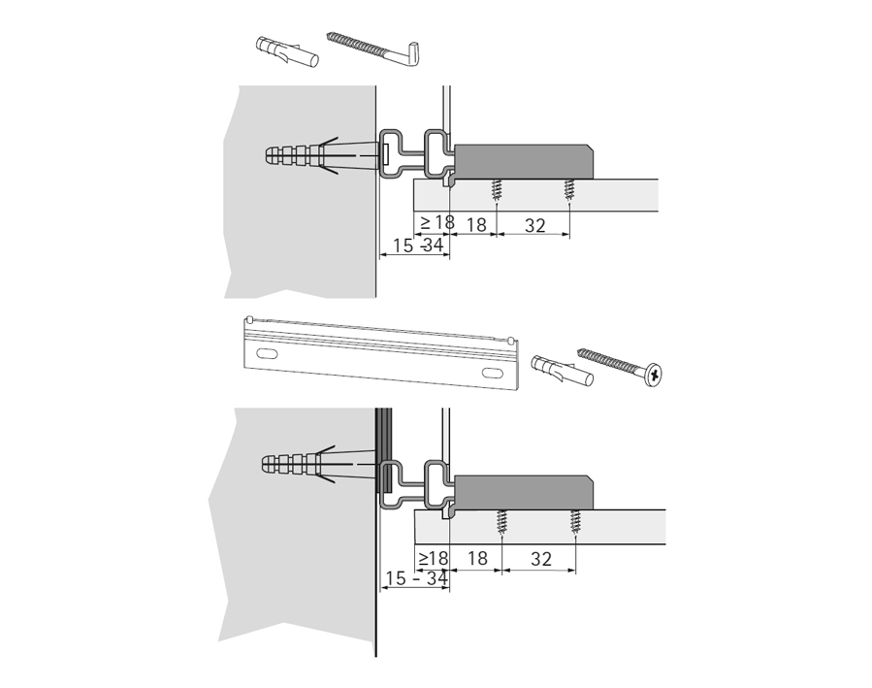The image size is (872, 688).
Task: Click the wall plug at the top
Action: pyautogui.click(x=287, y=51)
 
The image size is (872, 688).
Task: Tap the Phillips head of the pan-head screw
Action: pyautogui.click(x=654, y=375)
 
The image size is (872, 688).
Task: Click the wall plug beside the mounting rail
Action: pyautogui.click(x=563, y=370)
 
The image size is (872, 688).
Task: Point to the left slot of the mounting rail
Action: pyautogui.click(x=267, y=353)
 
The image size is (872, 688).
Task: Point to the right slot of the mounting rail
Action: pyautogui.click(x=492, y=373)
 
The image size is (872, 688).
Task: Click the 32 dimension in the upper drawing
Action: pyautogui.click(x=534, y=225)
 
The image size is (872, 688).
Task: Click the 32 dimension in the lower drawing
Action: pyautogui.click(x=540, y=558)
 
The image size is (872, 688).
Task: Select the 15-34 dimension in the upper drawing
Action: pyautogui.click(x=418, y=245)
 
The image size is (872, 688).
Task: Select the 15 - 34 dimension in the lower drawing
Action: pyautogui.click(x=416, y=578)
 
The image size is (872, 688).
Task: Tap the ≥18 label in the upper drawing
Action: pyautogui.click(x=437, y=222)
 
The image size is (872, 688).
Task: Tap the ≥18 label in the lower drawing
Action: pyautogui.click(x=434, y=558)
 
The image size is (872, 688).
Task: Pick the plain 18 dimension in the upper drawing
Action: pyautogui.click(x=476, y=225)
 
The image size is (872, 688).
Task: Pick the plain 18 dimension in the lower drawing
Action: pyautogui.click(x=477, y=558)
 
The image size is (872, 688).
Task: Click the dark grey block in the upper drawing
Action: pyautogui.click(x=524, y=162)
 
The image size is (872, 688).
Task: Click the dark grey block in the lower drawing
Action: pyautogui.click(x=523, y=493)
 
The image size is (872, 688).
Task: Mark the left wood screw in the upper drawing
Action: pyautogui.click(x=495, y=191)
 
